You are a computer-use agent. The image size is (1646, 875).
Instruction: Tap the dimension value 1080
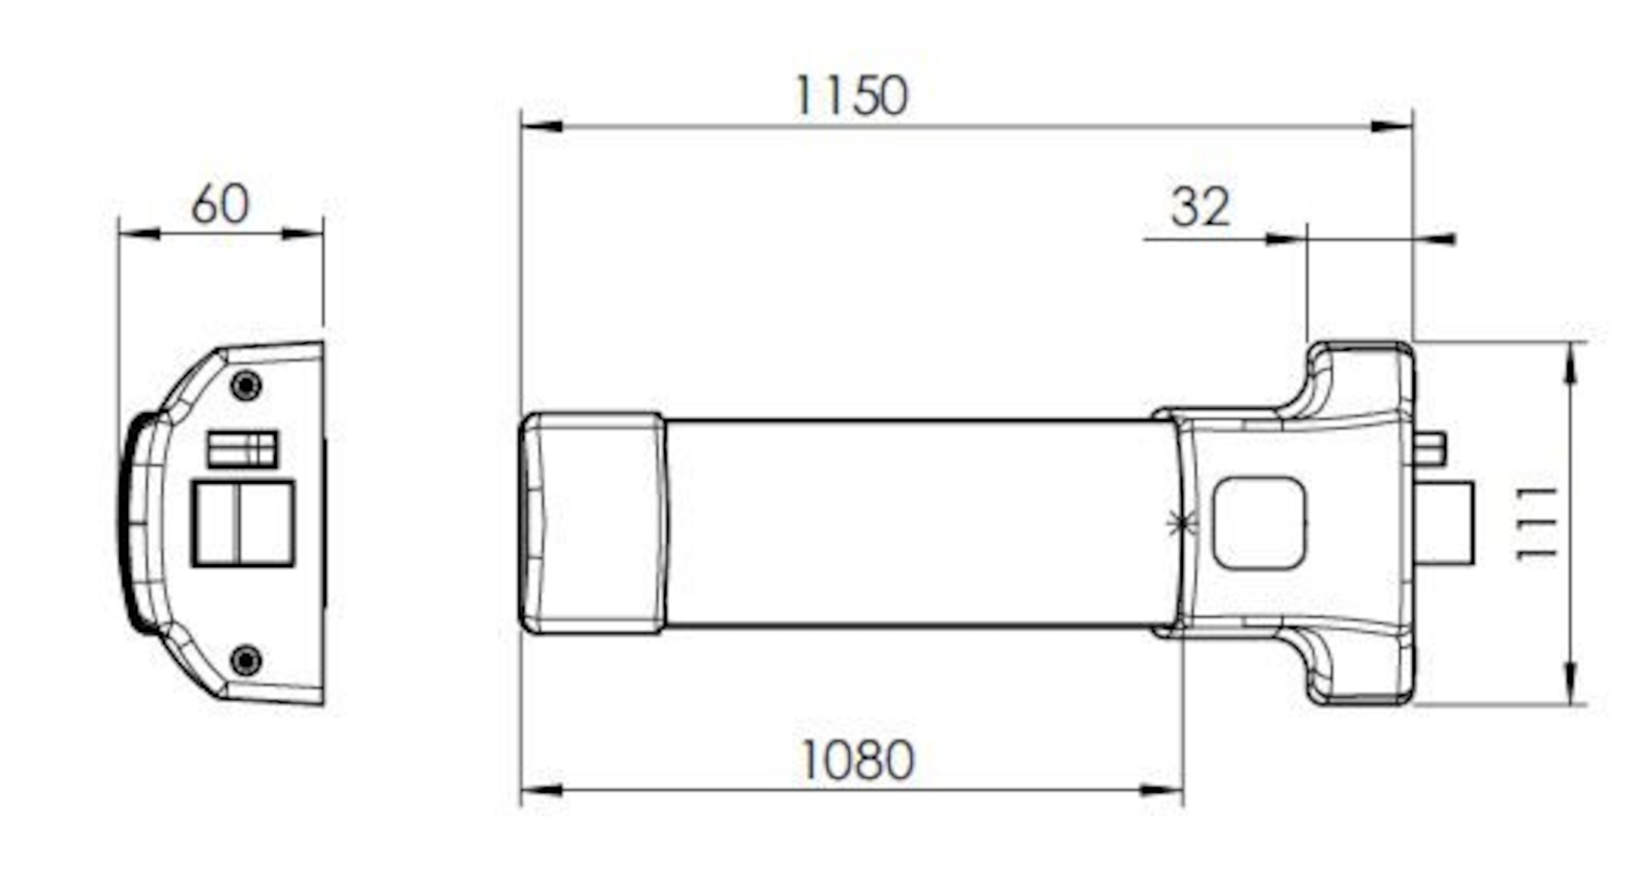click(858, 761)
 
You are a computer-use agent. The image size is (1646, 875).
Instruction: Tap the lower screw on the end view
click(246, 661)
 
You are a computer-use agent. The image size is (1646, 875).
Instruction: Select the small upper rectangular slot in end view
click(243, 449)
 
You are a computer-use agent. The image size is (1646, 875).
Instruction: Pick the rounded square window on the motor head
click(1259, 523)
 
